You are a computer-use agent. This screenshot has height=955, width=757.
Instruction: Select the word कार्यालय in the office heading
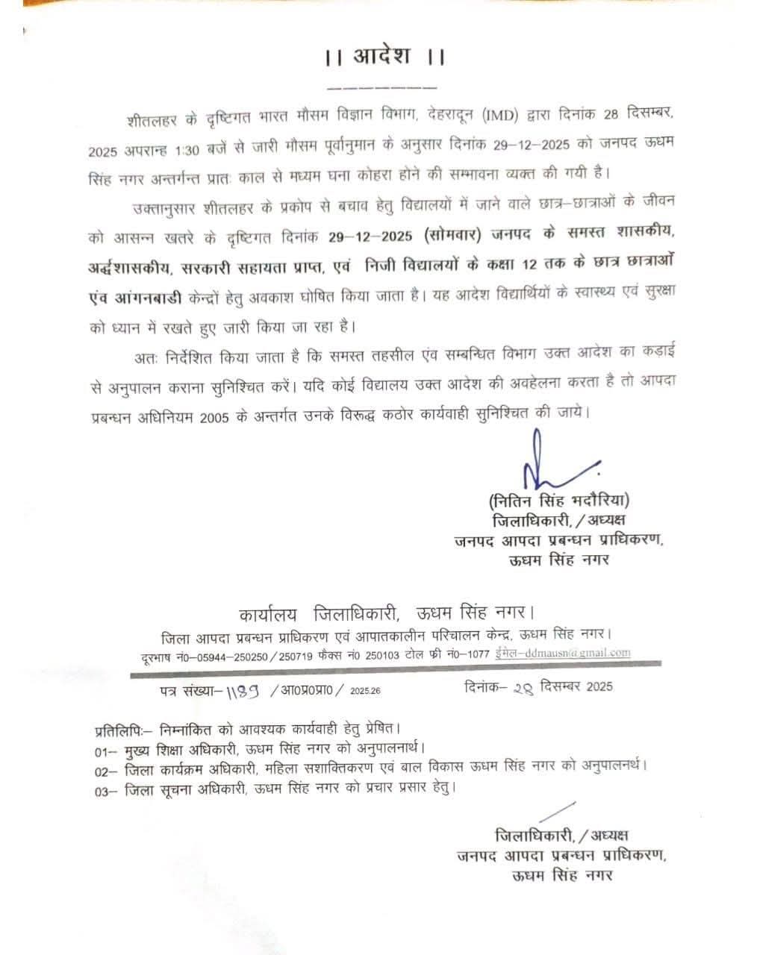(267, 614)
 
